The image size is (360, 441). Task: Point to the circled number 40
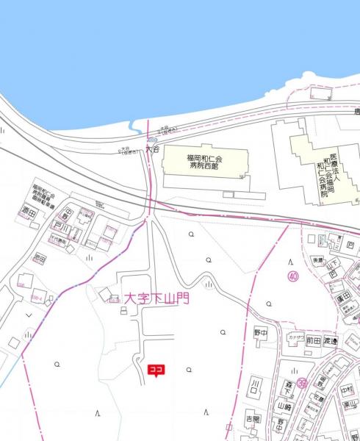tap(293, 276)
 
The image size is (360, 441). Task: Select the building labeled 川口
tap(256, 385)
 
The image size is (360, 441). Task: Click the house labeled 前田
tap(314, 340)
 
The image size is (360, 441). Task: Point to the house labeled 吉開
tap(253, 419)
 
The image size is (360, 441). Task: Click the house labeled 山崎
tap(285, 406)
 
